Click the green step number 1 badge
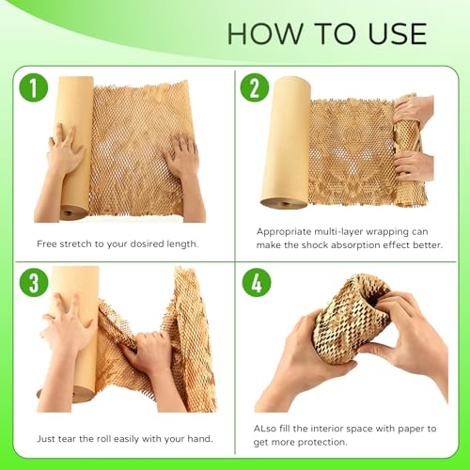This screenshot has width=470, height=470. point(34,87)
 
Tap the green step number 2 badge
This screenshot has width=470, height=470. point(255,87)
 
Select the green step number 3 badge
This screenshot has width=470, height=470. point(34,283)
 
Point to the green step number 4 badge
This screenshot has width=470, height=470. point(257,283)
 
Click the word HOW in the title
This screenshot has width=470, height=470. point(265,34)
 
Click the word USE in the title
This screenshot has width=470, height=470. point(398,34)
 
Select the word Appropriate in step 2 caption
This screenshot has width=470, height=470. point(284,232)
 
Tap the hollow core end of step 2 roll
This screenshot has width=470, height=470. point(284,203)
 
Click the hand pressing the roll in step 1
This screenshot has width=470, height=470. point(66,149)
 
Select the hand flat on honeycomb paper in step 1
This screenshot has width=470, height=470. point(180,154)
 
